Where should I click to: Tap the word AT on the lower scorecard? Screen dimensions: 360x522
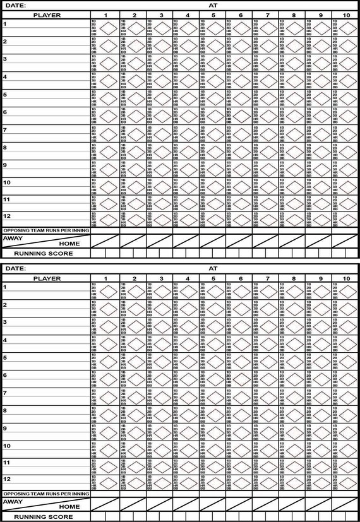[212, 268]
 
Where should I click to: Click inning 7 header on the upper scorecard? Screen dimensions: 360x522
[267, 14]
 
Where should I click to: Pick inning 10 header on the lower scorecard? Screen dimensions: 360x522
[347, 278]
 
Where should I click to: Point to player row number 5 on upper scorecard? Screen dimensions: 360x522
[5, 95]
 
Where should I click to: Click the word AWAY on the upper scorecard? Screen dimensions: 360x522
[13, 238]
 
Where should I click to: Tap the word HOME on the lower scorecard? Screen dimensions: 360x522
[69, 507]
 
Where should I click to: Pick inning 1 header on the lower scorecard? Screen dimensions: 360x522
[106, 278]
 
